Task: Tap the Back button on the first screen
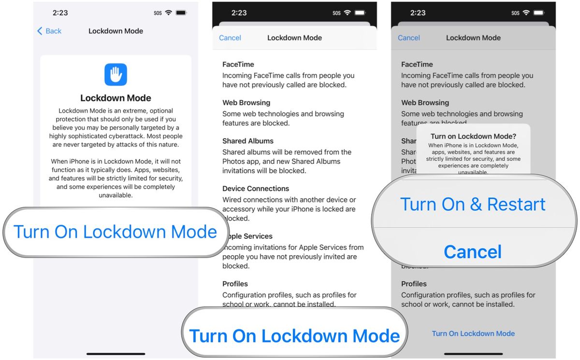point(49,31)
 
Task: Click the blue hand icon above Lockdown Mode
point(116,74)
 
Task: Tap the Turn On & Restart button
point(473,204)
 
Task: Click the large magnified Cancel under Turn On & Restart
point(473,252)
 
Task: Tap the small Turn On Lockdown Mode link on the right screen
point(473,333)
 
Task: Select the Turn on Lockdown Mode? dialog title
point(473,136)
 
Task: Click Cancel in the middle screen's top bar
point(230,38)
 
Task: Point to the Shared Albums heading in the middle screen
point(248,141)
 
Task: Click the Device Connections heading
point(256,188)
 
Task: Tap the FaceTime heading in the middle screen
point(238,64)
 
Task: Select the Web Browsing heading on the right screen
point(425,102)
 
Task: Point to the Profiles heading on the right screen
point(414,284)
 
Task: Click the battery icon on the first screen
point(182,13)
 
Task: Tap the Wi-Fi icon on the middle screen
point(347,13)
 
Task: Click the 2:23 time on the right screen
point(418,13)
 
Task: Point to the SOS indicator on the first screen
point(158,13)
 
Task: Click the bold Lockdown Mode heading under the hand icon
point(116,98)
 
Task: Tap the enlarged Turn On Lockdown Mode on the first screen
point(115,232)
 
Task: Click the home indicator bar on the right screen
point(473,354)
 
